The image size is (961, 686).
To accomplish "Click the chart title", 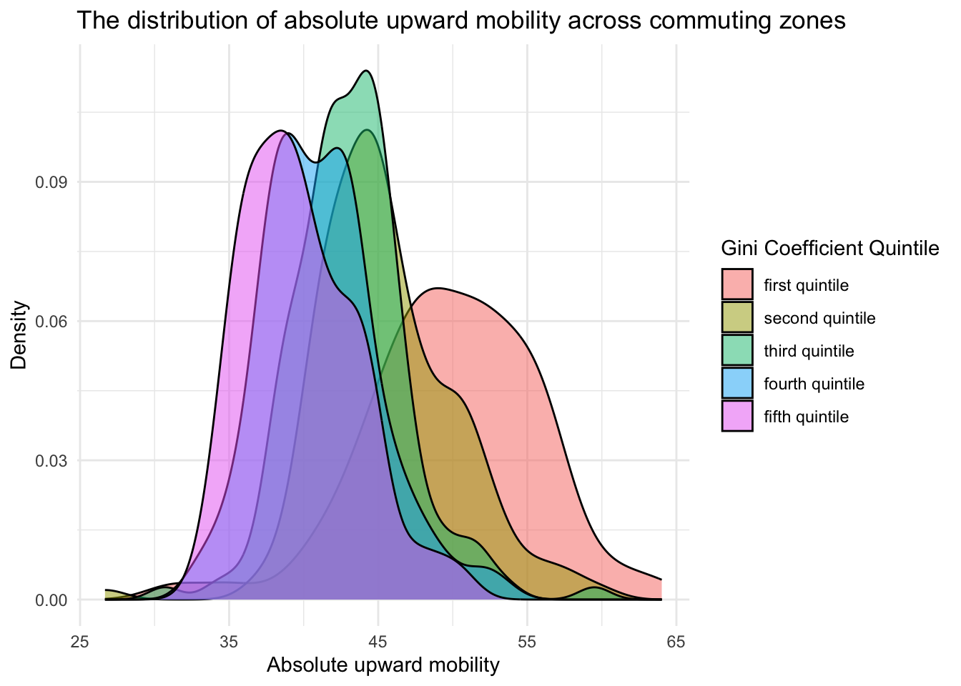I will [461, 21].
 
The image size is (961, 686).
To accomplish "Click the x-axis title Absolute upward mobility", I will [383, 665].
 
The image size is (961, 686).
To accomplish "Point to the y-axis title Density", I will [19, 334].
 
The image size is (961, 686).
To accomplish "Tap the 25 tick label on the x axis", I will [79, 642].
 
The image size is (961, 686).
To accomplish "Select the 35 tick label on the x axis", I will [229, 642].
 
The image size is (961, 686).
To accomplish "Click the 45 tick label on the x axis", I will [378, 642].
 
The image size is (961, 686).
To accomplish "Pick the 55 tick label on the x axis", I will [527, 642].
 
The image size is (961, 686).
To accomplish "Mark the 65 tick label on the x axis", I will [676, 642].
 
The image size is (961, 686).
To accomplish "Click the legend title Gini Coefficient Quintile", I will [829, 249].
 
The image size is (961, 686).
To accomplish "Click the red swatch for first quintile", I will [737, 285].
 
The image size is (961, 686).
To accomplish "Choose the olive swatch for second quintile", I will [737, 318].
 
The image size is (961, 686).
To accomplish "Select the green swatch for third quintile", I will [737, 351].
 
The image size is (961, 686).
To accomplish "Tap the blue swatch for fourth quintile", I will [737, 384].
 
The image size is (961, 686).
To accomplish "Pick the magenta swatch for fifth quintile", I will [737, 417].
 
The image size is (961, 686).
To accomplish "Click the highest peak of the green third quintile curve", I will [366, 71].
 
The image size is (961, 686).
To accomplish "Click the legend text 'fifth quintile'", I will [806, 417].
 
